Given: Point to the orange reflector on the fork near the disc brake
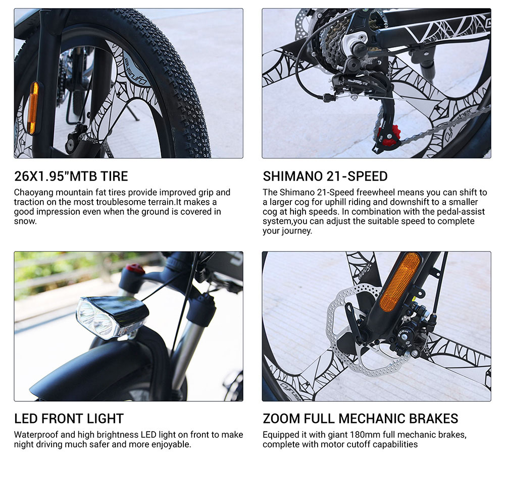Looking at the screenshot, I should point(399,282).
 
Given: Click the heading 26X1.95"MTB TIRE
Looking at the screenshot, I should point(71,176).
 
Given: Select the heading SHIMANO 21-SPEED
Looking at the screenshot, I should point(325,176).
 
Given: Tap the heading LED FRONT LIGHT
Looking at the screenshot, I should point(69,418).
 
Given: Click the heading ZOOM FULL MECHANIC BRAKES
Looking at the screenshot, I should point(360,418).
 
